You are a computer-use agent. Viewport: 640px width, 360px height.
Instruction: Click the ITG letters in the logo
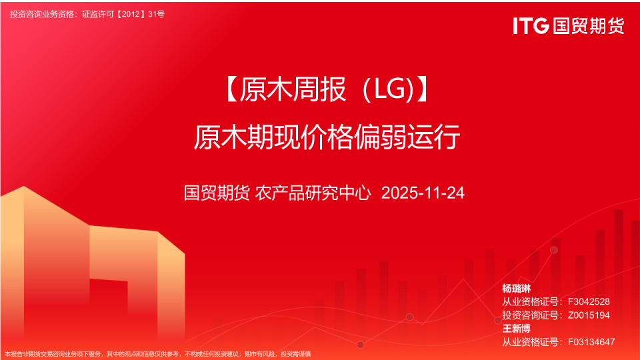531,25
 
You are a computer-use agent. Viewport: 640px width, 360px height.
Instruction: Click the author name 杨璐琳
516,289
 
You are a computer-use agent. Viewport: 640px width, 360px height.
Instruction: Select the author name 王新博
516,329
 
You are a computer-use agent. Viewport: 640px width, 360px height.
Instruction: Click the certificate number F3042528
588,302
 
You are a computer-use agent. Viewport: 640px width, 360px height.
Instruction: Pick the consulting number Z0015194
588,315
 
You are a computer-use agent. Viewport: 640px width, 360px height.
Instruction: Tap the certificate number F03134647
591,342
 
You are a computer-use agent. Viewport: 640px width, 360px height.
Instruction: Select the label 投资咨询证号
529,315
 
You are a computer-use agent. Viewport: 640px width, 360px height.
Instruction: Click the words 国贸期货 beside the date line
217,193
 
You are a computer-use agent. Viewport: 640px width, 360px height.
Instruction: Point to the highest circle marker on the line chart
553,250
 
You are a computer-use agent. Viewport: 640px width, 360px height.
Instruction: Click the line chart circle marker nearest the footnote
361,344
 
